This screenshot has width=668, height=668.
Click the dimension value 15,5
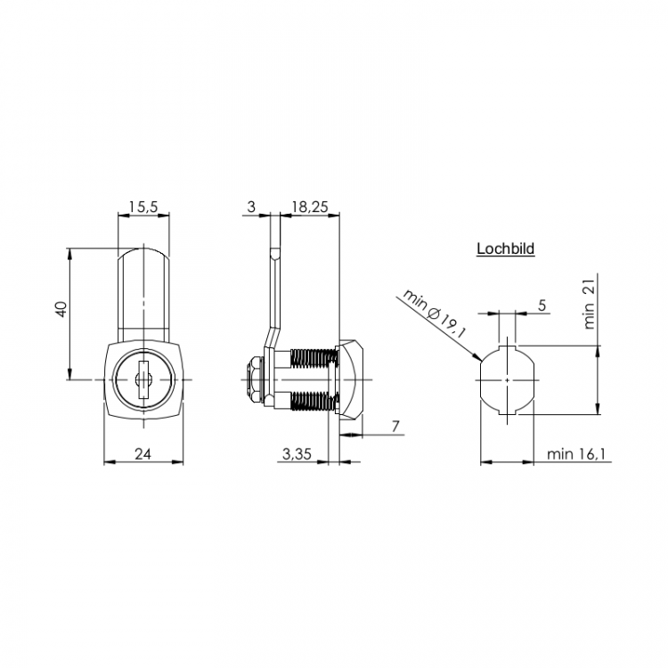point(143,207)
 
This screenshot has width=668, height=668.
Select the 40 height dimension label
point(62,309)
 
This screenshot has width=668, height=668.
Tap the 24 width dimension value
point(143,453)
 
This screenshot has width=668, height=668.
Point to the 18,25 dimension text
point(310,207)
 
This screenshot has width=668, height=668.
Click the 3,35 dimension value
point(297,453)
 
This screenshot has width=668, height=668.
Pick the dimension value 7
point(395,426)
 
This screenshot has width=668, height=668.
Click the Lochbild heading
point(505,248)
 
